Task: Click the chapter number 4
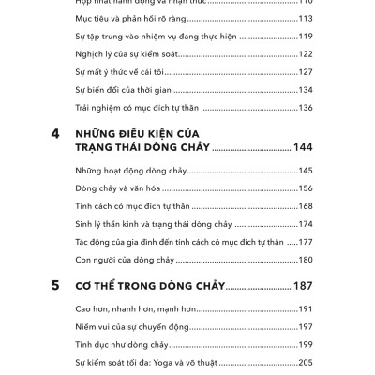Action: pos(55,135)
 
